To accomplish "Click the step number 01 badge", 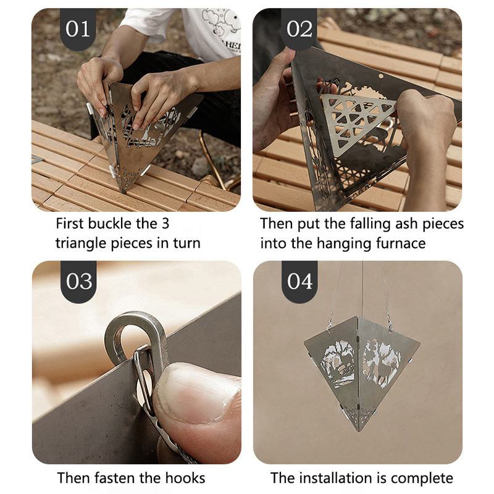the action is pyautogui.click(x=78, y=29).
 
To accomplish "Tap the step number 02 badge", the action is pyautogui.click(x=299, y=29).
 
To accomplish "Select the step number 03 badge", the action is pyautogui.click(x=79, y=282).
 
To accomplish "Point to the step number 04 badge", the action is pyautogui.click(x=299, y=282).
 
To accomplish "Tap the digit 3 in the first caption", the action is pyautogui.click(x=165, y=224).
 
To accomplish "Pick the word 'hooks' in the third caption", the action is pyautogui.click(x=185, y=478).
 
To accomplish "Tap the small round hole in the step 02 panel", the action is pyautogui.click(x=380, y=76).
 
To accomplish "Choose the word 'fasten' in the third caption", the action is pyautogui.click(x=115, y=478).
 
